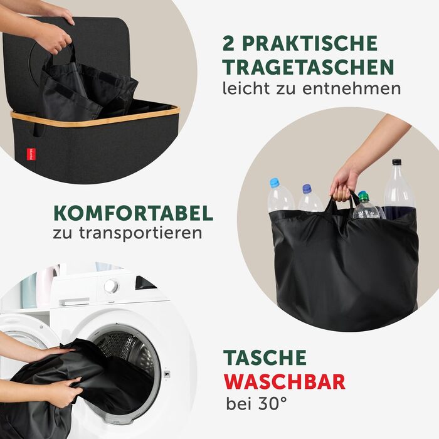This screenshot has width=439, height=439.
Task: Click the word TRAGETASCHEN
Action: pos(309,67)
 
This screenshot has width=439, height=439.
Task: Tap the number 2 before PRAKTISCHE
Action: pos(229,43)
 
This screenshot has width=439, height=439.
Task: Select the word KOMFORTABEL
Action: pos(134,214)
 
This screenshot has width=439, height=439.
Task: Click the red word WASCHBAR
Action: pos(285,381)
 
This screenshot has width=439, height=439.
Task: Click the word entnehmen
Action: pos(352,89)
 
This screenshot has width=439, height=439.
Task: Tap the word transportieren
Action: pos(140,233)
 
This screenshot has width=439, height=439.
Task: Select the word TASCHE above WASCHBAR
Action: pos(265,357)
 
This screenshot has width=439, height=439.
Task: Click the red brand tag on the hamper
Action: pos(31,154)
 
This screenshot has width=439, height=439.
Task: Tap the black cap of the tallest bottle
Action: pos(396,162)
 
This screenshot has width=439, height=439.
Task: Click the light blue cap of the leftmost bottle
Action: pos(275,183)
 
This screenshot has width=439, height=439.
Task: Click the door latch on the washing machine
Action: pos(167,374)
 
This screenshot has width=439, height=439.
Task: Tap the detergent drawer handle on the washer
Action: pos(75,302)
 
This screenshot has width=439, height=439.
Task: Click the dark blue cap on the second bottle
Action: pos(307,189)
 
